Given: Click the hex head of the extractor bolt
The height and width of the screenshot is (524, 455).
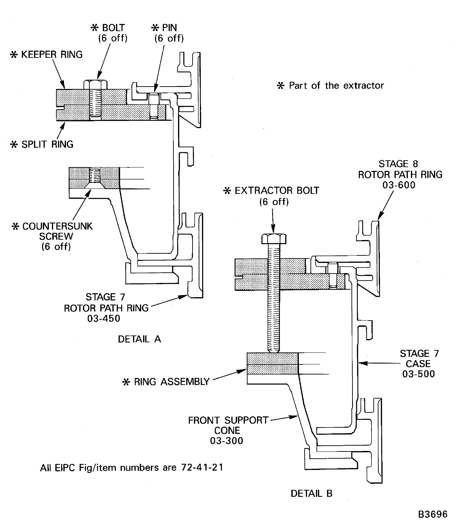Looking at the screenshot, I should pos(274,239).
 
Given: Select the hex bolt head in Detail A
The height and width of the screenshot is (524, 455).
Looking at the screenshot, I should pos(96,84).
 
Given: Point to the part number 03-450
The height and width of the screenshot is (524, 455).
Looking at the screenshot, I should pos(104,319).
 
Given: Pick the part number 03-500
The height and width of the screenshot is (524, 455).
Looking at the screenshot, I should pos(418,374).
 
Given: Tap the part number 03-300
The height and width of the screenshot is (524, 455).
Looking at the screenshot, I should pos(227,441).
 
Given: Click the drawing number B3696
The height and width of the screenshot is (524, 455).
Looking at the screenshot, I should pos(432,514).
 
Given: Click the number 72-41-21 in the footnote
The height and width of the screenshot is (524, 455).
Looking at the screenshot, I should pos(202,467).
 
